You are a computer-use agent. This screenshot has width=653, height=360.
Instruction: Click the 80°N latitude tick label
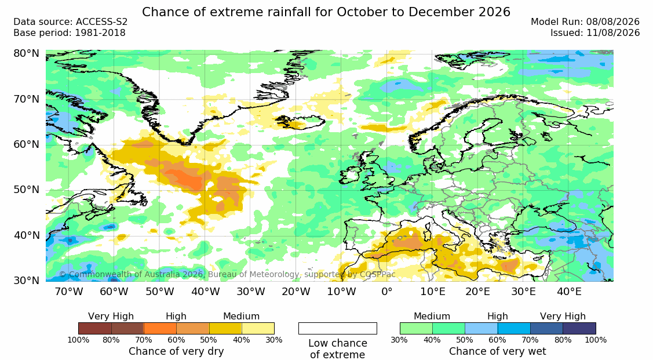26,53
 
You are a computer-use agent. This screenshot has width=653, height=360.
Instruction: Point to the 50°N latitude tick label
26,190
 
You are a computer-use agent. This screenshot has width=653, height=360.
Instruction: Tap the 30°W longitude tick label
251,292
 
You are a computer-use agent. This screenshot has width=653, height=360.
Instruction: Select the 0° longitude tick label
387,292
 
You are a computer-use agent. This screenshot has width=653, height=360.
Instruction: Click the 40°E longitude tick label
569,292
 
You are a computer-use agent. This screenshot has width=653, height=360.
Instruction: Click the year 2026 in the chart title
494,12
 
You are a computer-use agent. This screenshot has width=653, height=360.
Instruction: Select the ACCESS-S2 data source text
101,22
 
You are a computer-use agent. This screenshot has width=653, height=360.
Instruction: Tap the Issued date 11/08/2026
613,33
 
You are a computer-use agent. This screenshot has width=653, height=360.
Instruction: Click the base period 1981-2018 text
100,33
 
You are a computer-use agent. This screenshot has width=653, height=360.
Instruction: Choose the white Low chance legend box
338,328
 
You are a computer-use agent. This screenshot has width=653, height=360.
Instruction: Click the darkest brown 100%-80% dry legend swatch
94,328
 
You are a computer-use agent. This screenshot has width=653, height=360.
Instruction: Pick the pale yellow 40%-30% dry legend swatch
258,328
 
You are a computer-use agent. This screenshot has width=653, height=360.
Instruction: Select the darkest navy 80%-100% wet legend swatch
579,328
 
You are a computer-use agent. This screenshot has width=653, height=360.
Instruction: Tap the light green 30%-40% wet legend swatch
416,328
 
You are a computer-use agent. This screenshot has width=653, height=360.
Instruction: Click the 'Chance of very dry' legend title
176,351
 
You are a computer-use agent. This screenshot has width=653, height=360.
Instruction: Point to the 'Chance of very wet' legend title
497,351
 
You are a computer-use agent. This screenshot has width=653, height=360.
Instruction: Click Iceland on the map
301,122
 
